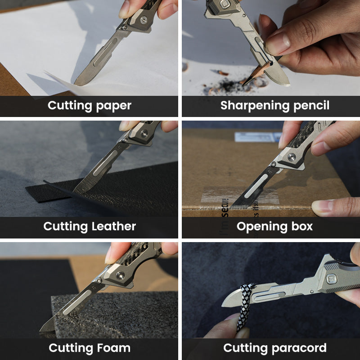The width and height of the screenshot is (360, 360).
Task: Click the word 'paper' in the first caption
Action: click(113, 106)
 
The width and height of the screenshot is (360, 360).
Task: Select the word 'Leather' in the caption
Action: click(113, 226)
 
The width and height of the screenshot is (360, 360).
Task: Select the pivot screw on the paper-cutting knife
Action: click(143, 20)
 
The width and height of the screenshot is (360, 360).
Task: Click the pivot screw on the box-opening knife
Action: click(292, 157)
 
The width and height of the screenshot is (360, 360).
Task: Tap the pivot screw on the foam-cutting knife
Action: click(120, 275)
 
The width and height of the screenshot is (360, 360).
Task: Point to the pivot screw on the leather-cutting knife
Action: click(144, 133)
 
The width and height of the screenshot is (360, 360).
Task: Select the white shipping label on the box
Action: click(256, 137)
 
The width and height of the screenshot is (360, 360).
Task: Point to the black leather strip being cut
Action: click(49, 191)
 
